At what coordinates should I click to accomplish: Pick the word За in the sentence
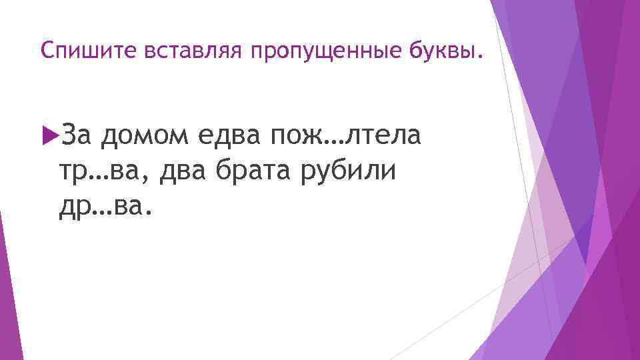[x=78, y=136]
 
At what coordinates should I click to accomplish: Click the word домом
[x=145, y=136]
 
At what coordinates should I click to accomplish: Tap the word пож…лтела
[x=345, y=136]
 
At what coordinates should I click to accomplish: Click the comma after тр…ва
[x=155, y=180]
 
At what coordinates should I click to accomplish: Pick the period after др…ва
[x=149, y=214]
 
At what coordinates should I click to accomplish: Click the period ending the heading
[x=476, y=57]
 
